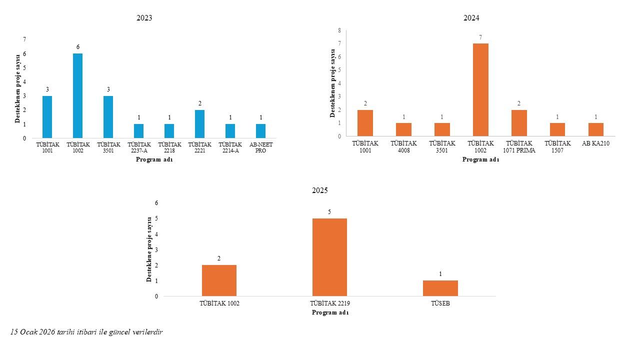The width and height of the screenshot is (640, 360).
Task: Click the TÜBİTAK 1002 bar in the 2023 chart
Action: [77, 95]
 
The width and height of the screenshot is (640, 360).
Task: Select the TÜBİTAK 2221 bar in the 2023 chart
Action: [199, 124]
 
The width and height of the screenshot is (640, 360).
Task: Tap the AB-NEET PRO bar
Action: [260, 131]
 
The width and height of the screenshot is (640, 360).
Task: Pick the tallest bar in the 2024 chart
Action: [480, 89]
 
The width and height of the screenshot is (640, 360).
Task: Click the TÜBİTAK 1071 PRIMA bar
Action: [519, 123]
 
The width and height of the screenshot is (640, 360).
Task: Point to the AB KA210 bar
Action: [596, 129]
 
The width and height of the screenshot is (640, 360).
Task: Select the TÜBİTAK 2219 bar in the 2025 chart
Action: [329, 257]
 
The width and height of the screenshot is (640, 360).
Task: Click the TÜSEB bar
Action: [440, 288]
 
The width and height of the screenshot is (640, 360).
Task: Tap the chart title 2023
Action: [144, 18]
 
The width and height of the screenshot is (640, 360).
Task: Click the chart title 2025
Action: [319, 190]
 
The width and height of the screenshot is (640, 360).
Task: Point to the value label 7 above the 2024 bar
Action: [480, 37]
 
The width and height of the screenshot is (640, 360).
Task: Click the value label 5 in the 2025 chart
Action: [329, 211]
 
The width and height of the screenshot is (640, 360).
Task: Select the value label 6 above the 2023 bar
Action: [77, 47]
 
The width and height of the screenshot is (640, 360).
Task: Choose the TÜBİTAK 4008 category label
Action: [403, 146]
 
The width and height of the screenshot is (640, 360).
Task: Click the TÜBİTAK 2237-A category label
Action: [139, 147]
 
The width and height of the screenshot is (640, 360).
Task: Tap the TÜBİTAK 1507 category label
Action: [557, 146]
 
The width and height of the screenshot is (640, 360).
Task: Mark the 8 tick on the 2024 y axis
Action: [339, 30]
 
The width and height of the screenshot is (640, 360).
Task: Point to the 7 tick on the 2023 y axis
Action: [24, 39]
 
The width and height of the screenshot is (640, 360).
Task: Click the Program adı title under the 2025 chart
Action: [330, 312]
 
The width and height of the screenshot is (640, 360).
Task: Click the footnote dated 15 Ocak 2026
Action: [86, 332]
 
